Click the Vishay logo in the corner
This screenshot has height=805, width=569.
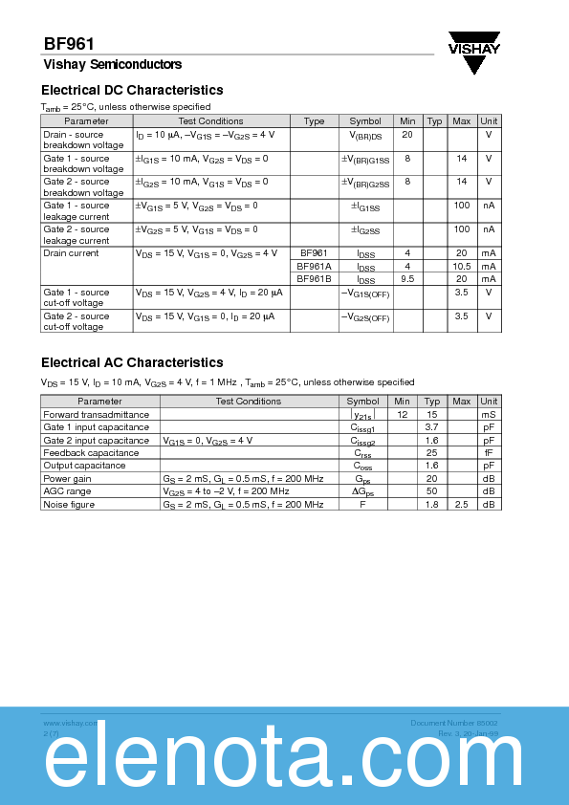(x=475, y=53)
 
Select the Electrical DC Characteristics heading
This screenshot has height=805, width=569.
(x=132, y=90)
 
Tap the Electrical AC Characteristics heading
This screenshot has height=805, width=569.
(x=132, y=362)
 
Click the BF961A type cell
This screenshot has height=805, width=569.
(x=314, y=266)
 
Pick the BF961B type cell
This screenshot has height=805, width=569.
(x=314, y=278)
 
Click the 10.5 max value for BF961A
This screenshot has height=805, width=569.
(x=461, y=266)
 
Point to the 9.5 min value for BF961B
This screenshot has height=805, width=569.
(x=407, y=278)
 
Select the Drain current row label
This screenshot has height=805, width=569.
(x=71, y=253)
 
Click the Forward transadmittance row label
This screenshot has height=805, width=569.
(x=96, y=415)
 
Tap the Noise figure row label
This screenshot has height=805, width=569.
(x=69, y=504)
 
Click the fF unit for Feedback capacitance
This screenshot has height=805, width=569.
(x=489, y=452)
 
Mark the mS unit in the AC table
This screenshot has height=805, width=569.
(x=489, y=415)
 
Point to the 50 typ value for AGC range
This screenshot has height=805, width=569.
(x=431, y=490)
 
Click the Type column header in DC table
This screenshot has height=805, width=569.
(x=314, y=121)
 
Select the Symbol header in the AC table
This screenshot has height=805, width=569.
(x=362, y=402)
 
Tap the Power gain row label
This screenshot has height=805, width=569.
(x=67, y=478)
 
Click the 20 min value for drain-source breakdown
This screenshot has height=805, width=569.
(x=407, y=134)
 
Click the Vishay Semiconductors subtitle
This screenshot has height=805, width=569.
(x=112, y=65)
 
